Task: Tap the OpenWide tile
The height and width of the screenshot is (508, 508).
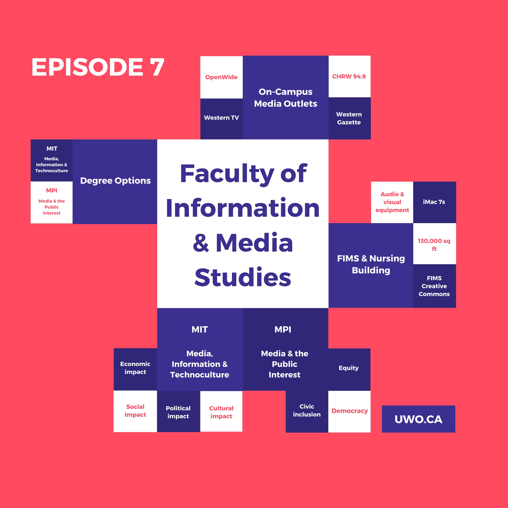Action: click(x=221, y=77)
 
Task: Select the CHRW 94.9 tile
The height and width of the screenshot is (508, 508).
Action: click(x=349, y=76)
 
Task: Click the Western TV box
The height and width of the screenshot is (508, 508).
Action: click(x=221, y=118)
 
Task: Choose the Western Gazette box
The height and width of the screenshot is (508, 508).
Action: click(x=349, y=118)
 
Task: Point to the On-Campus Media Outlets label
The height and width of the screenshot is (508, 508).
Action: click(x=285, y=97)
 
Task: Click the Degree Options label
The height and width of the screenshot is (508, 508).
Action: click(x=115, y=181)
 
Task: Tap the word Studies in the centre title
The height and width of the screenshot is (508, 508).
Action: click(x=243, y=277)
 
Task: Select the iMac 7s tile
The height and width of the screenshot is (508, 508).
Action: click(x=434, y=202)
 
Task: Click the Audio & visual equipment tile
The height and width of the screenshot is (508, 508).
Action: click(x=392, y=202)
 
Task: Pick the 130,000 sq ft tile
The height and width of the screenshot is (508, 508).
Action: click(x=434, y=245)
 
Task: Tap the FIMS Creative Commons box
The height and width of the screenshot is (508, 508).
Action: click(x=434, y=286)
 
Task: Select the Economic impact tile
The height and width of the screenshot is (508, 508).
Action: click(x=135, y=368)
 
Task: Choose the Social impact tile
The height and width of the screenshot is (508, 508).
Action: click(x=135, y=411)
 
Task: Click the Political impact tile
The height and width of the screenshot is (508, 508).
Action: click(x=178, y=412)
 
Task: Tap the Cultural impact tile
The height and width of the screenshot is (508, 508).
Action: click(x=221, y=412)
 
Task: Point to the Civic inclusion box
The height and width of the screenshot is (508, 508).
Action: click(x=307, y=411)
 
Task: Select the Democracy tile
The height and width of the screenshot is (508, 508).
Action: click(x=349, y=411)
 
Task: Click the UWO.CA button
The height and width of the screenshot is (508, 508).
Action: click(x=418, y=419)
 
